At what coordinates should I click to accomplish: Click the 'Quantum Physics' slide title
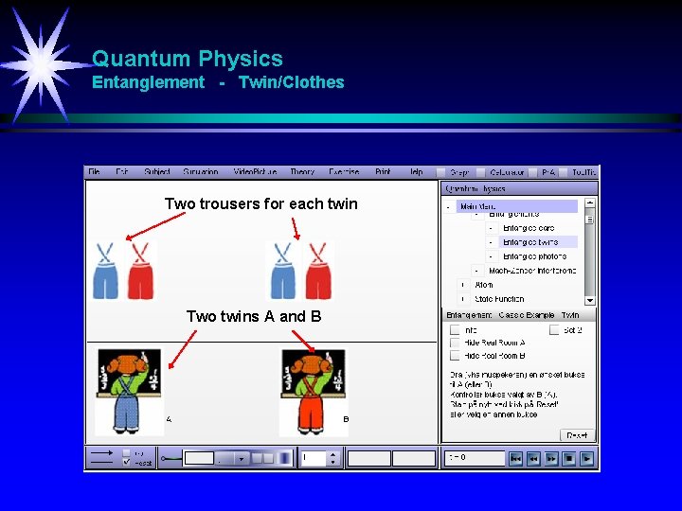[187, 60]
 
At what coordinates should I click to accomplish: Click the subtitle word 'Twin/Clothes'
[291, 82]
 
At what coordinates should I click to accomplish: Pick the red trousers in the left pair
[140, 272]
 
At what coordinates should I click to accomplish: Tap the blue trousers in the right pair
[283, 272]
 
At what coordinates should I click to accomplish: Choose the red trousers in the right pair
[318, 272]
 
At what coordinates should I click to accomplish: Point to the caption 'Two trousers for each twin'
[260, 203]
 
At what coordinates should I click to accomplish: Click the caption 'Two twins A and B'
[254, 316]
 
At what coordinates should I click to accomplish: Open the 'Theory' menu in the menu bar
[302, 172]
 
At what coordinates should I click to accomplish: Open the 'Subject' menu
[157, 172]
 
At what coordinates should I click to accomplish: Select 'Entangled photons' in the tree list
[534, 256]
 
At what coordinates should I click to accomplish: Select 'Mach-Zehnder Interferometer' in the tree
[532, 271]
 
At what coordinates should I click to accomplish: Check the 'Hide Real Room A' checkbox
[455, 343]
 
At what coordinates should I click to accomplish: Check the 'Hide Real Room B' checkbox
[455, 356]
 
